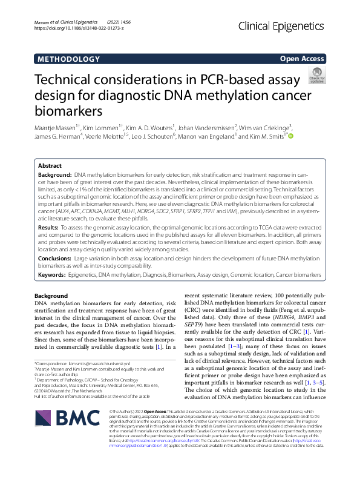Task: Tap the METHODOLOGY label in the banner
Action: (x=68, y=59)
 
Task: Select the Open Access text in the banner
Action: (x=302, y=59)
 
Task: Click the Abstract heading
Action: (x=50, y=166)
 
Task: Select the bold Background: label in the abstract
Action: (x=56, y=174)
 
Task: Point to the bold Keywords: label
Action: (x=53, y=275)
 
